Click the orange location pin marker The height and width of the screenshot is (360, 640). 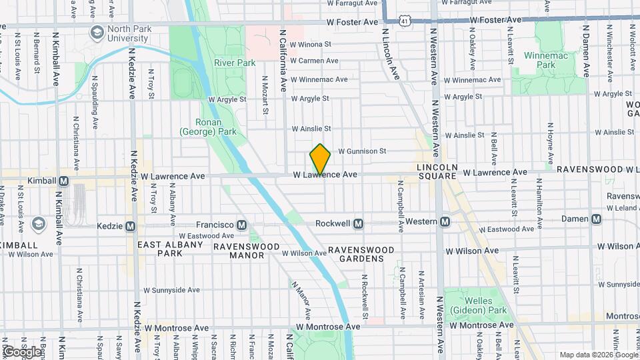(320, 159)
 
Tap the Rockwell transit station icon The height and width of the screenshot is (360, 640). (358, 223)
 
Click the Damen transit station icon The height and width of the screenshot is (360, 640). (596, 219)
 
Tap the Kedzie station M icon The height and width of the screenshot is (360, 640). (130, 226)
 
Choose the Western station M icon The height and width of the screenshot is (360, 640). (445, 221)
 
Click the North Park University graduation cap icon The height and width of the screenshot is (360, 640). (97, 31)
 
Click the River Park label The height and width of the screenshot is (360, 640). (235, 63)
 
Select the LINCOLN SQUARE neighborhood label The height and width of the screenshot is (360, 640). (437, 171)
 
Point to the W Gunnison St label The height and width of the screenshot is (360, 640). (362, 151)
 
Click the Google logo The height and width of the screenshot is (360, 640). (22, 351)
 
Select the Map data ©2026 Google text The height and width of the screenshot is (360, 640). (597, 355)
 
